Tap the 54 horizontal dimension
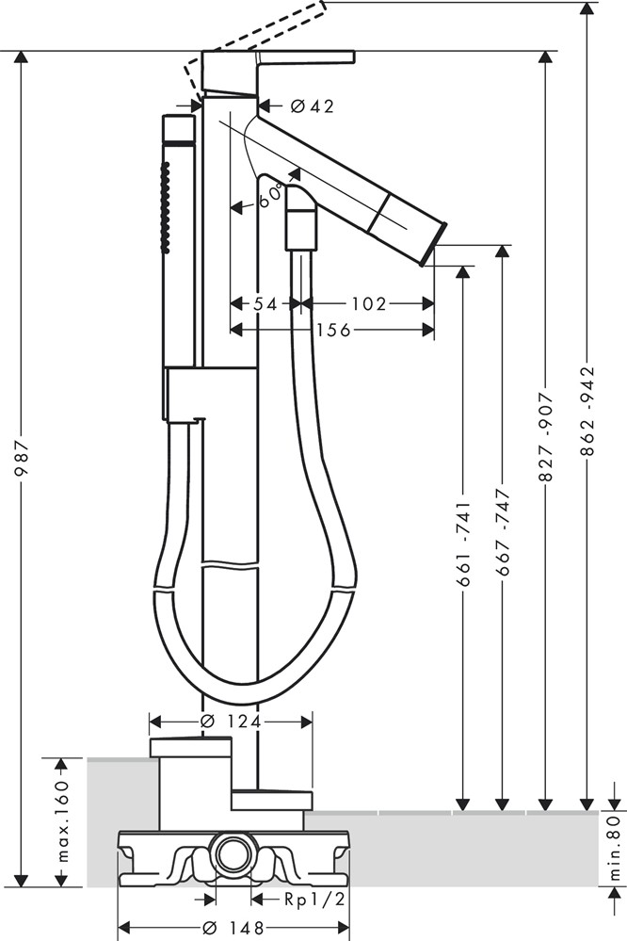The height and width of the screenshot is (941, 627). click(265, 303)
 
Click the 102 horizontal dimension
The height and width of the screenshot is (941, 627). click(368, 303)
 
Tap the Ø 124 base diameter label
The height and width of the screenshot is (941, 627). click(231, 721)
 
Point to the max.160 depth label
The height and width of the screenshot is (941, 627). click(63, 821)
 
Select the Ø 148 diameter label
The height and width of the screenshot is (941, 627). click(231, 925)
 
